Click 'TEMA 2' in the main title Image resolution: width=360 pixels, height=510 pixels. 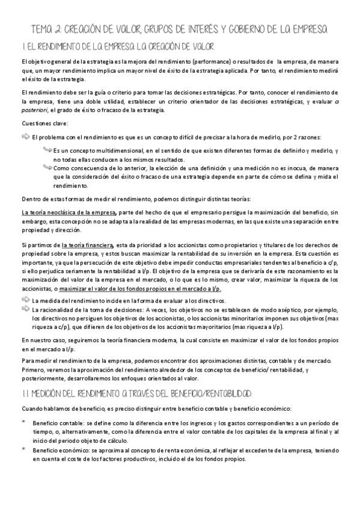tap(44, 29)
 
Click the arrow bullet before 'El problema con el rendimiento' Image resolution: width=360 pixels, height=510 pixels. tap(25, 137)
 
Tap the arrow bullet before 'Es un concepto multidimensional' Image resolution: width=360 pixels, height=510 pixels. tap(47, 149)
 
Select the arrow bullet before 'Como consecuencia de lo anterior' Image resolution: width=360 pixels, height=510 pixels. tap(47, 168)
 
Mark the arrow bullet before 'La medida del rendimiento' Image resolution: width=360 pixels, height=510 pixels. tap(25, 299)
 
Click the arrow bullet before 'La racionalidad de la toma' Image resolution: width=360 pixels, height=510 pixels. tap(25, 308)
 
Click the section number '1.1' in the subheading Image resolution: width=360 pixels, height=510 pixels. tap(25, 393)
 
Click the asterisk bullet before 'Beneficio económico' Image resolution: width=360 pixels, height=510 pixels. tap(23, 449)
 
